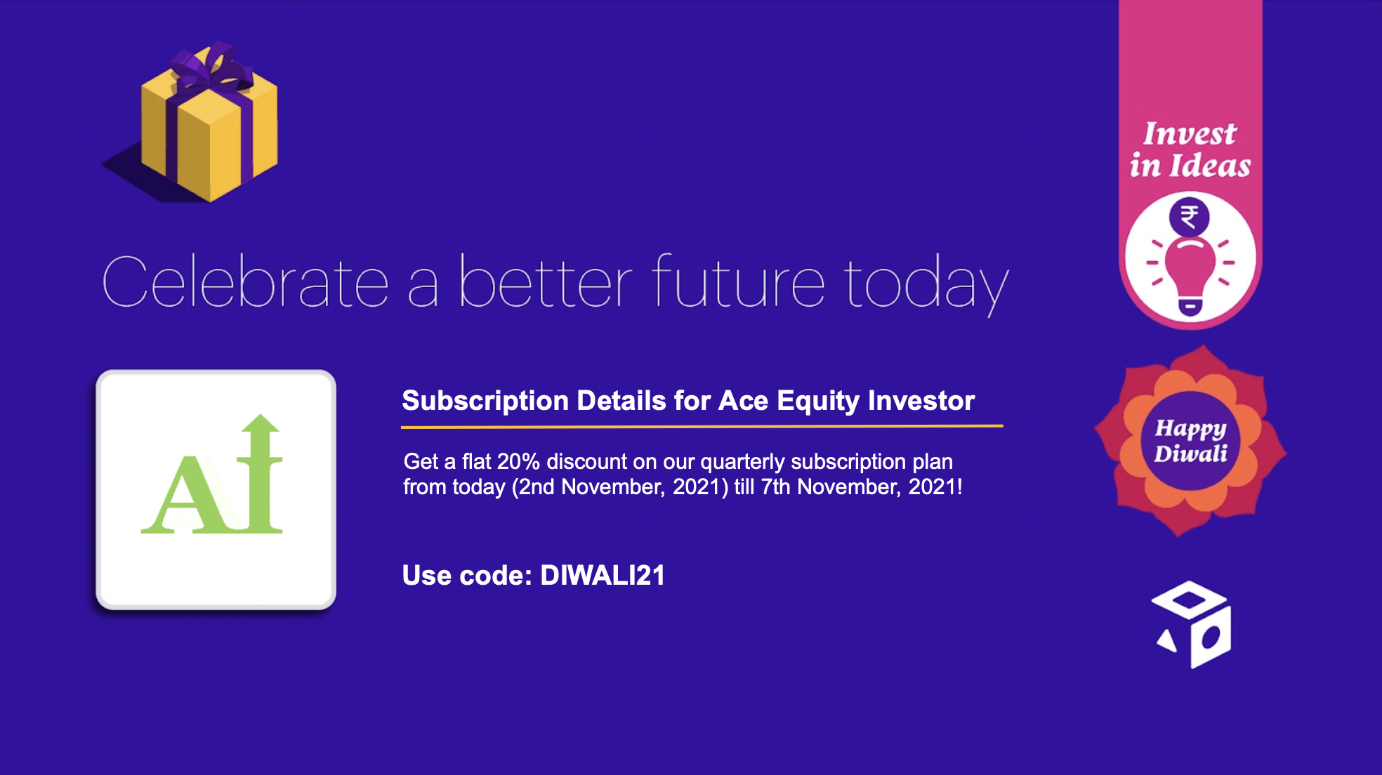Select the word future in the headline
[x=738, y=281]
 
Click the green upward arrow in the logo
[x=261, y=473]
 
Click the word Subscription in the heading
[x=485, y=402]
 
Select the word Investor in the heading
[x=921, y=401]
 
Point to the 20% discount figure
[x=518, y=462]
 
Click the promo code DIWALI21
[x=603, y=576]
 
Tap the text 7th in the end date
[x=776, y=487]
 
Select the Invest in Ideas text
[x=1190, y=150]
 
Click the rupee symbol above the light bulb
[x=1189, y=217]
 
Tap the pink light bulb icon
[x=1190, y=274]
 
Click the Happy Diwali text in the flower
[x=1191, y=440]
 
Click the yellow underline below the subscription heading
[x=702, y=426]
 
